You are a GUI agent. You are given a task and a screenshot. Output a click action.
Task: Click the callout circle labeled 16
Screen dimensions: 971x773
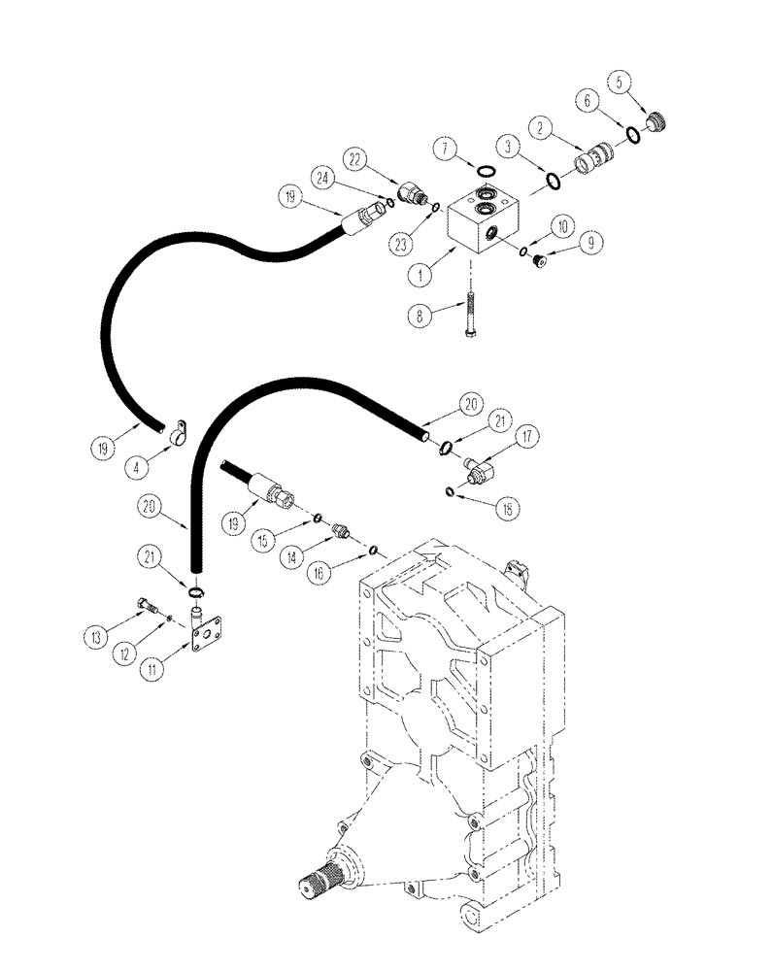(345, 576)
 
